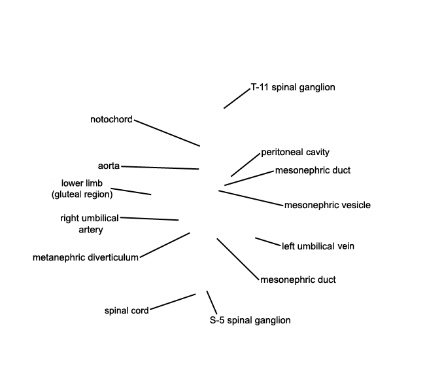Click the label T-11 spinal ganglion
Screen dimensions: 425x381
click(x=293, y=87)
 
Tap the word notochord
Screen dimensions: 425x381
click(x=111, y=119)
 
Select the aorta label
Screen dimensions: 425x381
click(x=109, y=166)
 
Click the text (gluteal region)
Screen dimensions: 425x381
click(x=82, y=194)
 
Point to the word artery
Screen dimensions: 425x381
click(x=91, y=230)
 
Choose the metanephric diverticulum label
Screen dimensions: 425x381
click(x=86, y=257)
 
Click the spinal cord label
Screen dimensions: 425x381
click(x=127, y=310)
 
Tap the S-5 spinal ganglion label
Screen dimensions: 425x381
click(x=250, y=320)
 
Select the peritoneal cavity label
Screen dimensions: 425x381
click(x=295, y=153)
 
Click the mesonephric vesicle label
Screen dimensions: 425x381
click(x=328, y=205)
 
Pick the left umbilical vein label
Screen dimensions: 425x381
click(x=318, y=246)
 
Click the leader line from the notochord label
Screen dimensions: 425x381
click(x=167, y=133)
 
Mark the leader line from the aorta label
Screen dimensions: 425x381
click(x=160, y=168)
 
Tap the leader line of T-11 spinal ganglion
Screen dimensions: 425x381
click(x=237, y=98)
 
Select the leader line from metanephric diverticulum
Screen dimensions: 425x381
click(x=165, y=245)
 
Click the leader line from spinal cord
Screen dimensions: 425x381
click(x=173, y=302)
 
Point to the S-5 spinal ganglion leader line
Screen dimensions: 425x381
click(x=212, y=302)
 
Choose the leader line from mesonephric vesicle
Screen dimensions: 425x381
click(x=250, y=198)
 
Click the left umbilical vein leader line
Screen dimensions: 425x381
click(x=268, y=242)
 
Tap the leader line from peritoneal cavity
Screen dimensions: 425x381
click(x=245, y=165)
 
